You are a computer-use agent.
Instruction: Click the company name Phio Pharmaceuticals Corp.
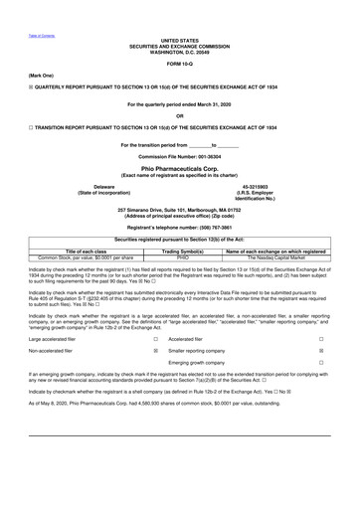[x=179, y=169]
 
